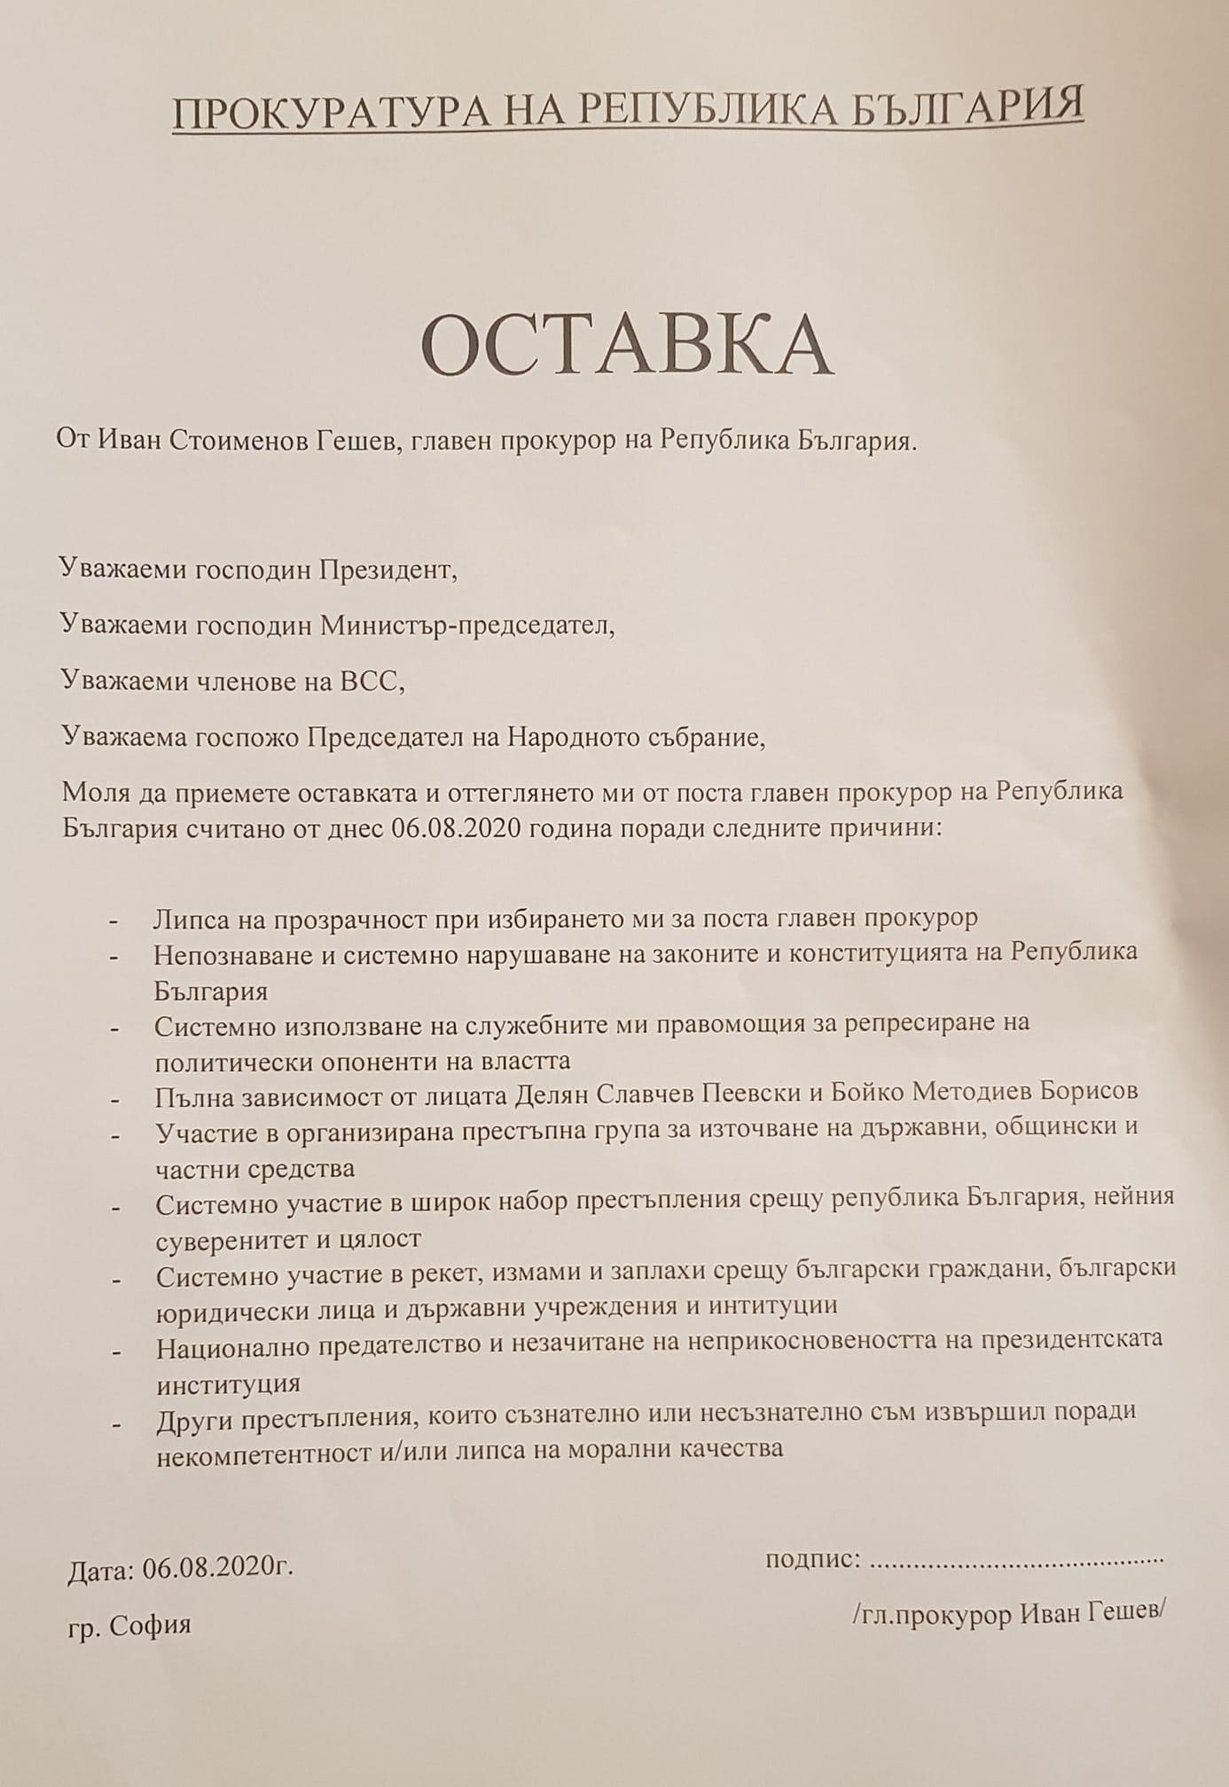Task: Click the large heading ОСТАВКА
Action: [626, 345]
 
